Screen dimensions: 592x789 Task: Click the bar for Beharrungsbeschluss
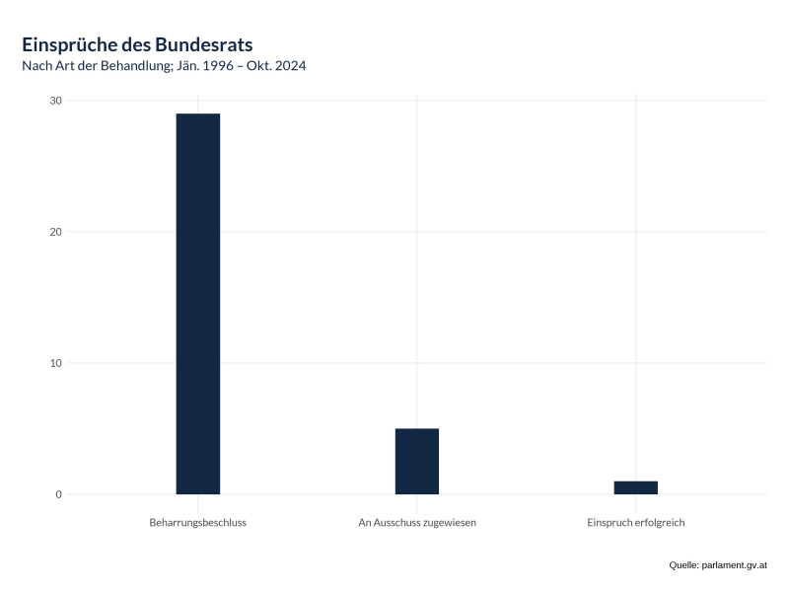(197, 304)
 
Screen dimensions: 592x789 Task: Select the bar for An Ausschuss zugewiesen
(416, 462)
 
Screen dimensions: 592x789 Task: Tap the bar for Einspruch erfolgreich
(635, 487)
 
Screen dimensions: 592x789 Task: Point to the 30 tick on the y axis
(55, 101)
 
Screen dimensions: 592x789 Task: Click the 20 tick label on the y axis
(55, 232)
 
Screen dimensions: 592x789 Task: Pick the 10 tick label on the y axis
(55, 363)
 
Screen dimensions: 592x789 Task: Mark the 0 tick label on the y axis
(58, 494)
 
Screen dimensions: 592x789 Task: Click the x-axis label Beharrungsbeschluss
(197, 522)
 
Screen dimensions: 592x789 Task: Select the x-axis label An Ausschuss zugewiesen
(416, 522)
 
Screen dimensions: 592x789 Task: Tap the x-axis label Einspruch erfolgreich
(635, 522)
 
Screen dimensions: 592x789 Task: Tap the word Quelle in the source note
(682, 565)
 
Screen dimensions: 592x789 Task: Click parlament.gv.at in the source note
(734, 565)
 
